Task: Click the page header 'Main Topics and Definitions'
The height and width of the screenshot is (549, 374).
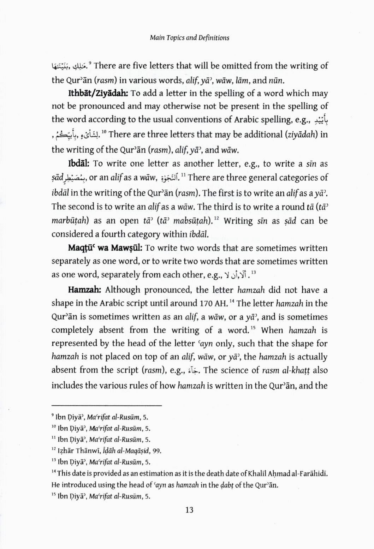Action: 189,37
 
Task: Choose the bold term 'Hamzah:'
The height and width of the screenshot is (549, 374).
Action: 85,290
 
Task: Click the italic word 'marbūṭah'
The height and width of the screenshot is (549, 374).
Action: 70,221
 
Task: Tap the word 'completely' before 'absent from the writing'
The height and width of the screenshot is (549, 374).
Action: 72,330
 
